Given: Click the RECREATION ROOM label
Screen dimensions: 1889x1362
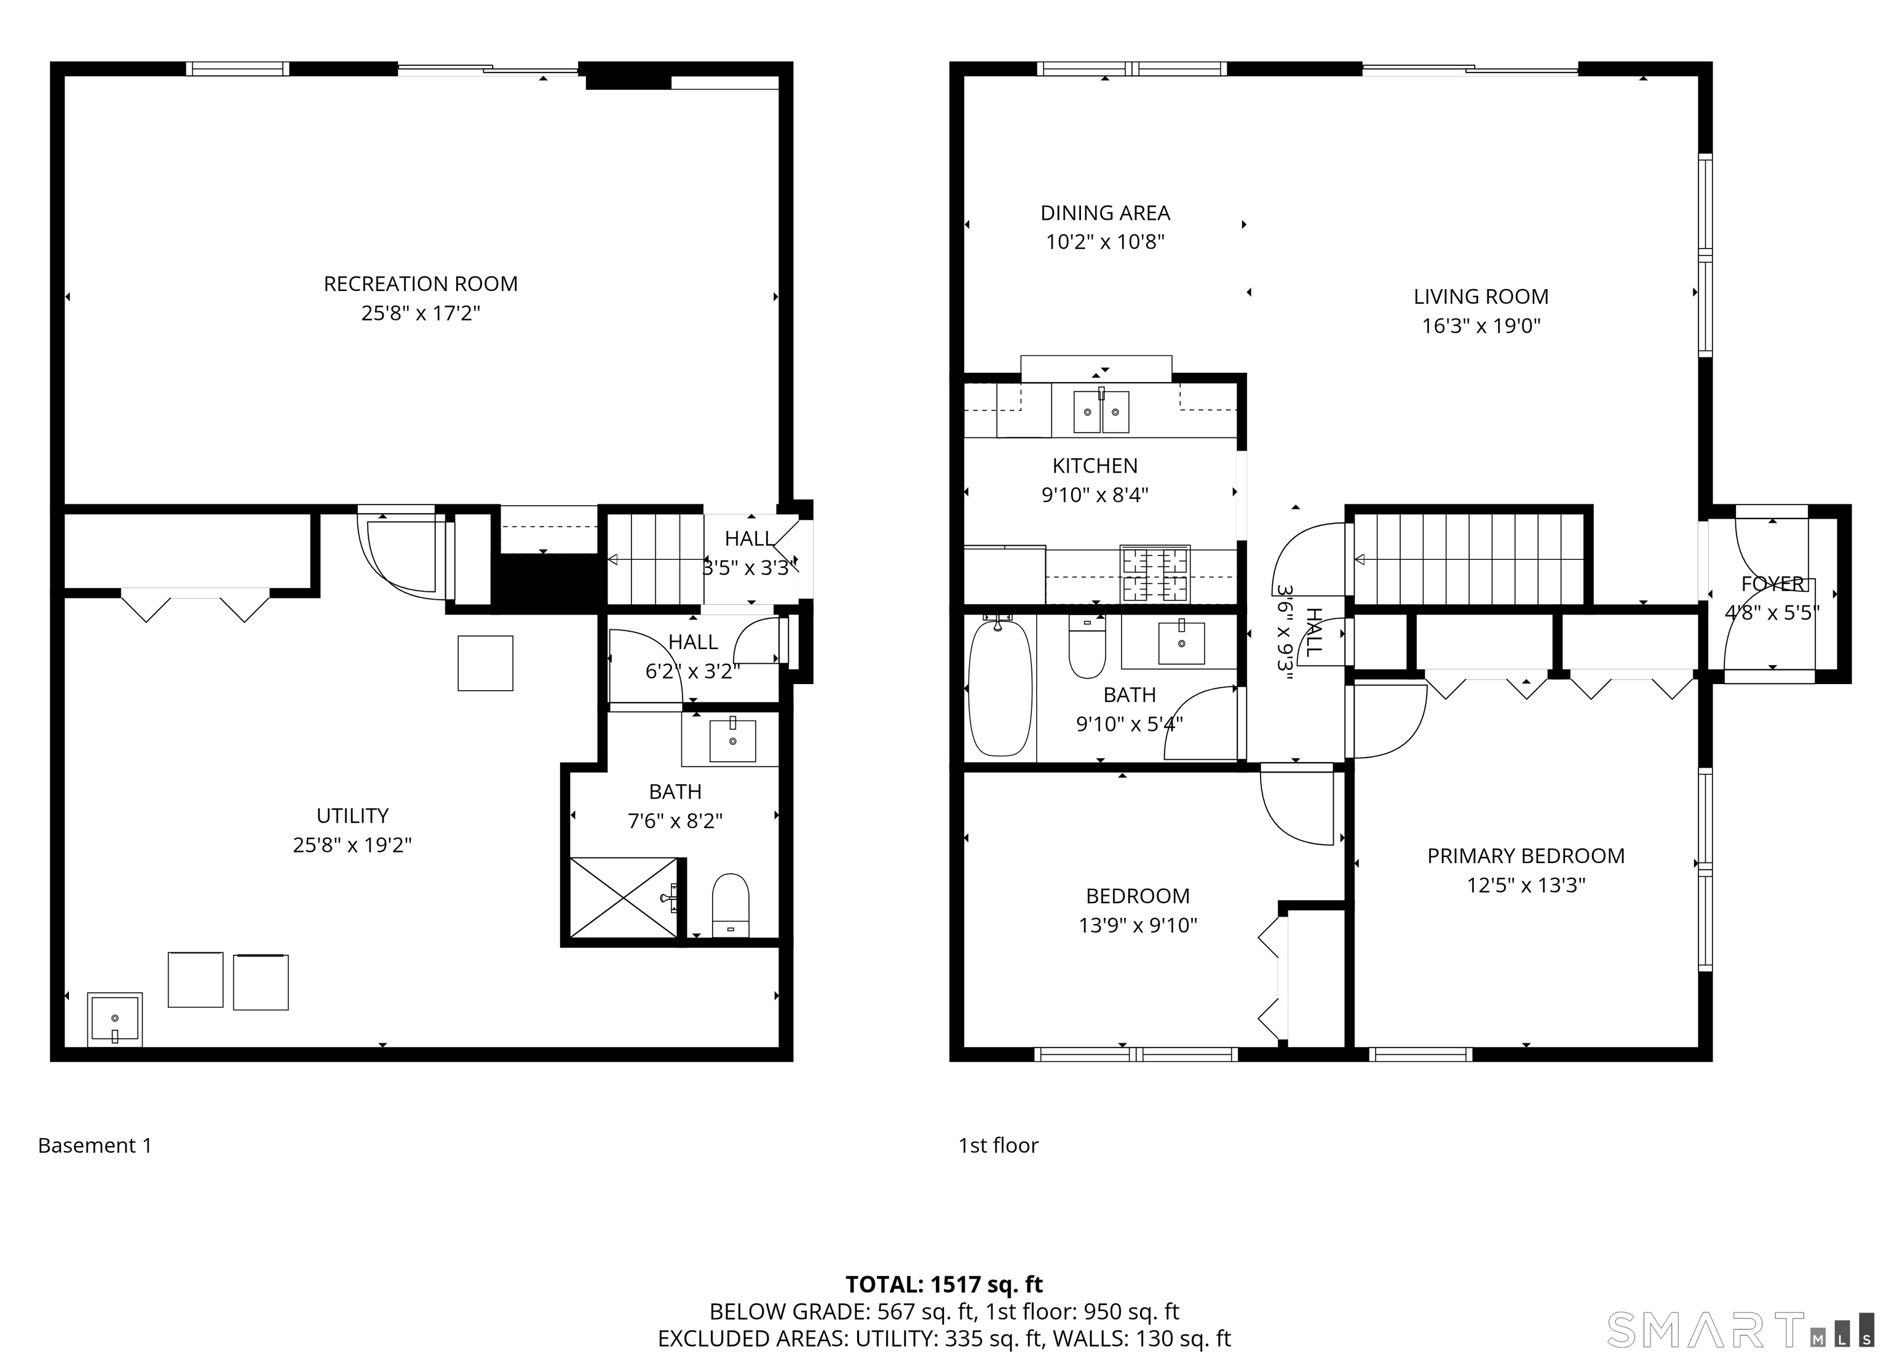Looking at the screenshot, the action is (x=421, y=284).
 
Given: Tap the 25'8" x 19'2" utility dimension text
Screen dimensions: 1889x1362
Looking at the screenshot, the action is (x=352, y=845).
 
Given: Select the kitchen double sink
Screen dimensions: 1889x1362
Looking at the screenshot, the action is (x=1101, y=411).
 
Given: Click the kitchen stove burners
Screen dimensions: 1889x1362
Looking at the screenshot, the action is (x=1155, y=573).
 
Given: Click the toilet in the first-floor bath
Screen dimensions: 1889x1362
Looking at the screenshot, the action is (x=1087, y=647).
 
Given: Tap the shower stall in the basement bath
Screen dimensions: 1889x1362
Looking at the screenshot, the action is (x=625, y=897).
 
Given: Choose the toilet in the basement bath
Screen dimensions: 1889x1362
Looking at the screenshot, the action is (x=731, y=905).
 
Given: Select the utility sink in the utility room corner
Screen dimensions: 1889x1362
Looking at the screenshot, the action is (x=115, y=1019).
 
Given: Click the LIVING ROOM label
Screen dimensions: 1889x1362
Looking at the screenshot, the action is (x=1481, y=297).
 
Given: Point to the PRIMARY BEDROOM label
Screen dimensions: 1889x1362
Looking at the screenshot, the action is (x=1526, y=856).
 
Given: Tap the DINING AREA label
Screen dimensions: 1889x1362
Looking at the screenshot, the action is (x=1105, y=213).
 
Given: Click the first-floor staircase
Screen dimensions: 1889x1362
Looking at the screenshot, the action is (x=1468, y=558).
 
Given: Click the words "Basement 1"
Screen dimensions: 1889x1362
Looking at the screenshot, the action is (x=95, y=1145).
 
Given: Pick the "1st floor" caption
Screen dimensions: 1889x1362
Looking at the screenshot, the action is (x=998, y=1145).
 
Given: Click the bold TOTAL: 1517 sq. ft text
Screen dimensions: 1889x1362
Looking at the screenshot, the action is (x=944, y=1284).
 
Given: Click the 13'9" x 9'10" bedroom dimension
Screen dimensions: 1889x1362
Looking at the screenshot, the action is (x=1138, y=925).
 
